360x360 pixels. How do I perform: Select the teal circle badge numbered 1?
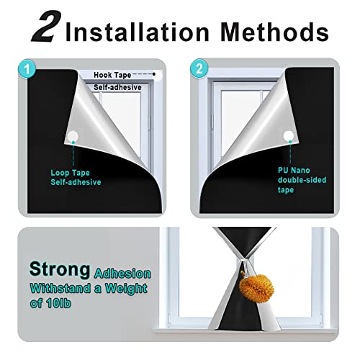pyautogui.click(x=27, y=71)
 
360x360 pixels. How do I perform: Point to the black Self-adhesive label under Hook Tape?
pyautogui.click(x=118, y=86)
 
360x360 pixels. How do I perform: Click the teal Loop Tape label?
pyautogui.click(x=71, y=173)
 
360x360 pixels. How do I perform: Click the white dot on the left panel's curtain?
pyautogui.click(x=72, y=137)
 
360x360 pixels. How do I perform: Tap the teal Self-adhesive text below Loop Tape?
pyautogui.click(x=76, y=182)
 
